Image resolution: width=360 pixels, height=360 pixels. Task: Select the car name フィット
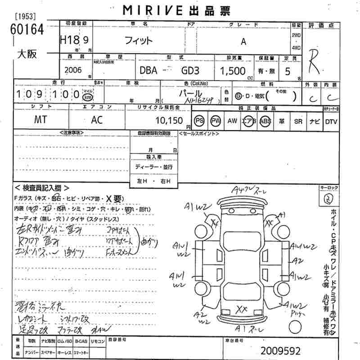(x=139, y=40)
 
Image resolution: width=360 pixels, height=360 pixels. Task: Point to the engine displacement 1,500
(x=232, y=71)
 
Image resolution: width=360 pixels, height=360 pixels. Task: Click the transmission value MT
(x=41, y=121)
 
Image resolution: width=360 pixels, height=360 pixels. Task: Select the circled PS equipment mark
(x=199, y=121)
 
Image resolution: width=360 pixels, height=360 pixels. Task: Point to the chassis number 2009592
(x=280, y=350)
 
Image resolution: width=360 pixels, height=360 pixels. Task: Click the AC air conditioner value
(x=97, y=121)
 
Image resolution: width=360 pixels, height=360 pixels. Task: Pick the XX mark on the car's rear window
(x=242, y=309)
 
